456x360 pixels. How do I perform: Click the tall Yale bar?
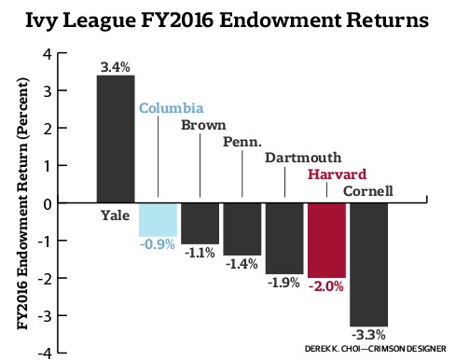(115, 139)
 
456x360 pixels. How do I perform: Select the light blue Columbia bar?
(158, 219)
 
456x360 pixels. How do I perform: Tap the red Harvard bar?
(326, 240)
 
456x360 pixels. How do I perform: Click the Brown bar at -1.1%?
(200, 223)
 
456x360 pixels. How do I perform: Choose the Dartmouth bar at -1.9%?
(284, 238)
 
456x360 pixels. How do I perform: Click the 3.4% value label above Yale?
(115, 66)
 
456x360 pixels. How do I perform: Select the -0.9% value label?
(157, 245)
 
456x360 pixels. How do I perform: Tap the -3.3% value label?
(368, 334)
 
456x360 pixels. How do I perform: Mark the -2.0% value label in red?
(326, 286)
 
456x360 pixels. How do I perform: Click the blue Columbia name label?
(172, 107)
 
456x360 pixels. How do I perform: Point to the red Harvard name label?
(338, 174)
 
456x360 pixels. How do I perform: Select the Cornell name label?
(368, 191)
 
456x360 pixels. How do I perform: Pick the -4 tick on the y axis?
(46, 353)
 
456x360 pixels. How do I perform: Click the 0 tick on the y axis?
(48, 202)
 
